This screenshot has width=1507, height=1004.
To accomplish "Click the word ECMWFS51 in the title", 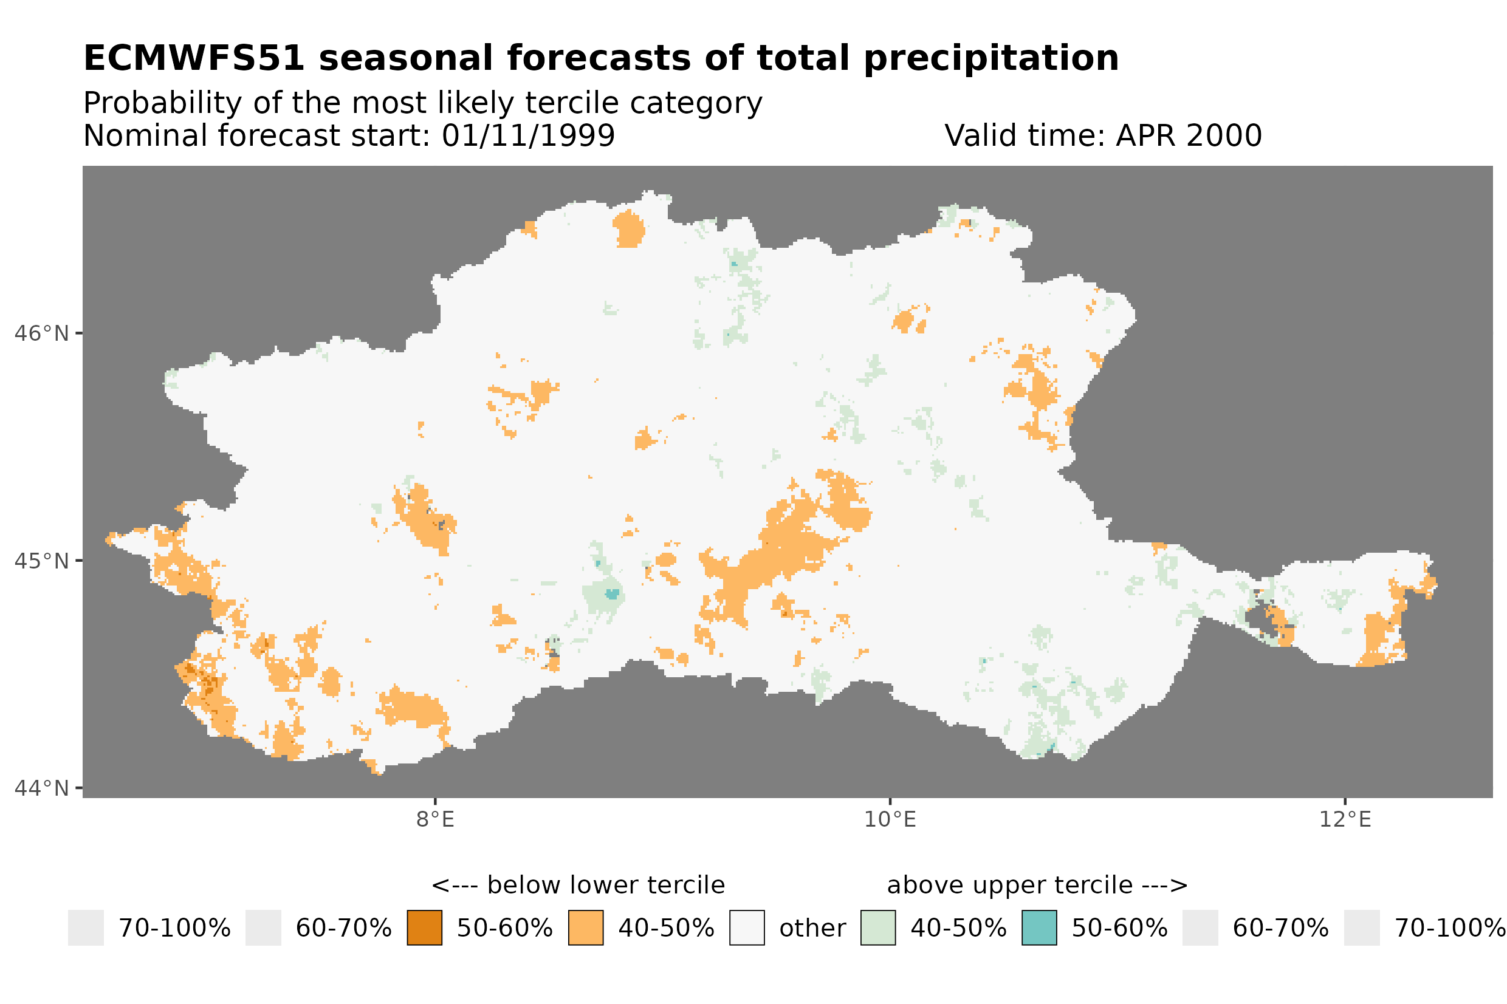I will pos(193,58).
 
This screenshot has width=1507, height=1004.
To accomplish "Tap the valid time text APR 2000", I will pos(1188,135).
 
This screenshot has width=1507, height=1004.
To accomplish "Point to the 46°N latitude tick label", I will pos(41,333).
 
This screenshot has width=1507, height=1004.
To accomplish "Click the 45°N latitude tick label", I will pos(41,561).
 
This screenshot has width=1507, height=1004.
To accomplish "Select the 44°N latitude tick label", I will pos(41,788).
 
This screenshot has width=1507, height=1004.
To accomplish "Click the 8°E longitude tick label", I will pos(435,819).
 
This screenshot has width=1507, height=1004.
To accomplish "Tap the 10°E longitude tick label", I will pos(890,819).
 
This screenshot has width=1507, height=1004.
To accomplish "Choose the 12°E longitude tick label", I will pos(1344,819).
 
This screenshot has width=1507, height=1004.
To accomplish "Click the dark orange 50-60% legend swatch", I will pos(424,928).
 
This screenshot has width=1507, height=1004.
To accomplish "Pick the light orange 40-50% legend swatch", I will pos(585,928).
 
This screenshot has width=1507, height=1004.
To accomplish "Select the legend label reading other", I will pos(812,929).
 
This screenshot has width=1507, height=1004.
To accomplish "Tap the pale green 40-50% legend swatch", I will pos(877,928).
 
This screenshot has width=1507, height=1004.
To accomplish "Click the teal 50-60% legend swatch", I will pos(1039,928).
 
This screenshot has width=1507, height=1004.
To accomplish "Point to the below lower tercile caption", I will pos(578,886).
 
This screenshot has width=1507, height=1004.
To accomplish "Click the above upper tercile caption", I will pos(1037,886).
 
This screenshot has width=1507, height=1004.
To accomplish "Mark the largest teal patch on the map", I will pos(613,593).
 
